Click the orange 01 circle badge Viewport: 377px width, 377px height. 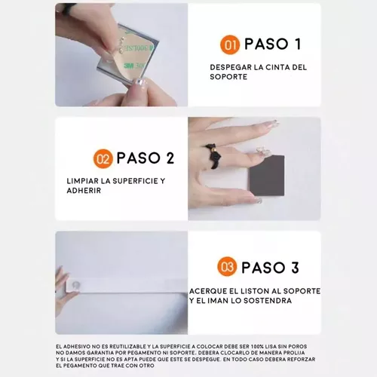230,44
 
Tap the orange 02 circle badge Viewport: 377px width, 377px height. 103,159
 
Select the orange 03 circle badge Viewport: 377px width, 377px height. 227,266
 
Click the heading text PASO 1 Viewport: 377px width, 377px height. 273,44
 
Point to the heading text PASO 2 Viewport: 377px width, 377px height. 146,158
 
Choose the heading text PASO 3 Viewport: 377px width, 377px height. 270,268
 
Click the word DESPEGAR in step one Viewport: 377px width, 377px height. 231,67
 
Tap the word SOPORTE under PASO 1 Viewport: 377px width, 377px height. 228,77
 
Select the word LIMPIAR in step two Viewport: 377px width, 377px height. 82,181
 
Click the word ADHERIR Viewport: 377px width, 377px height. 84,191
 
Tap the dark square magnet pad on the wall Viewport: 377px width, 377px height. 267,176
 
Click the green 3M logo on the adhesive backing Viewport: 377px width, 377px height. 128,66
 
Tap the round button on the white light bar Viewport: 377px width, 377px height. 75,285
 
